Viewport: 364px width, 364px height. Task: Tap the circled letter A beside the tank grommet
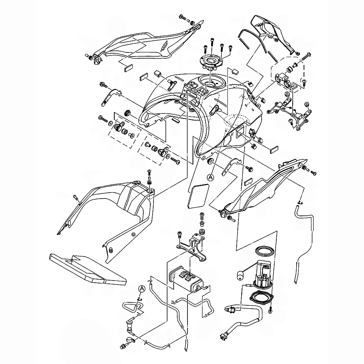[x=210, y=177]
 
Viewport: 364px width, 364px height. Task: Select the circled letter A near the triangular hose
[x=142, y=288]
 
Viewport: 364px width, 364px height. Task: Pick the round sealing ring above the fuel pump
[x=265, y=251]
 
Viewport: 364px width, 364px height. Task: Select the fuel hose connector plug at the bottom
[x=223, y=334]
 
